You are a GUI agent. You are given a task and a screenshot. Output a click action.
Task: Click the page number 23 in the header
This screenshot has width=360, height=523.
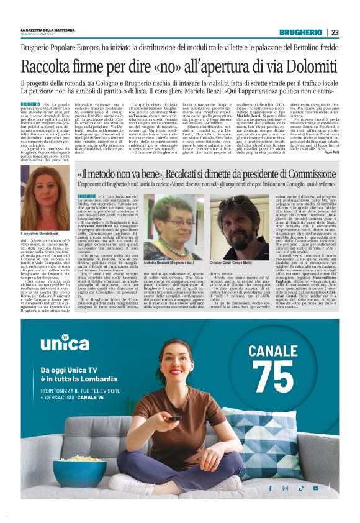335,32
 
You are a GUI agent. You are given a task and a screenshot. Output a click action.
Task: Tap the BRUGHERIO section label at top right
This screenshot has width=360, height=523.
300,32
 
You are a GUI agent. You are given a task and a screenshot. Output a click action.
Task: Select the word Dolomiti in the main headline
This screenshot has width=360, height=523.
302,65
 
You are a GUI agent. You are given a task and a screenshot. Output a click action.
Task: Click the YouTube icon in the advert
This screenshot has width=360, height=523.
315,488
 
